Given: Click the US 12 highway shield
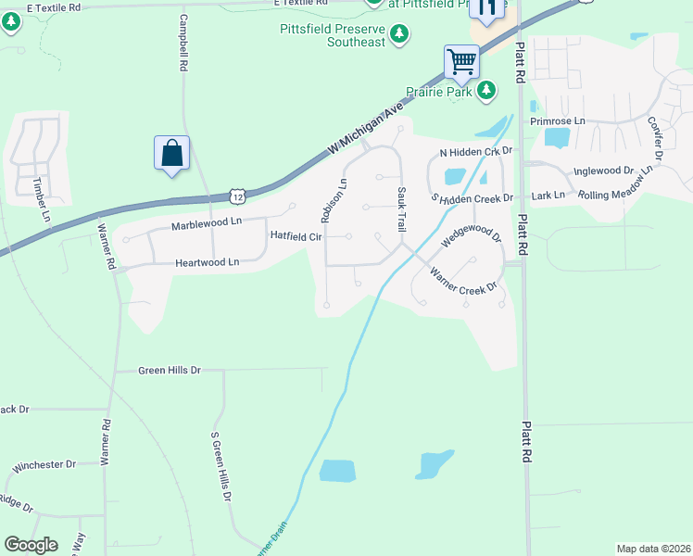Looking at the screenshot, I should pyautogui.click(x=238, y=196).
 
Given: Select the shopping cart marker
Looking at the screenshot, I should pyautogui.click(x=461, y=62).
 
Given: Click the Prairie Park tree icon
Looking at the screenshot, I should pyautogui.click(x=485, y=91).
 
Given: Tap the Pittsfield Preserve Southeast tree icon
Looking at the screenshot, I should pyautogui.click(x=399, y=35).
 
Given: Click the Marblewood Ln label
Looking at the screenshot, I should pyautogui.click(x=206, y=222).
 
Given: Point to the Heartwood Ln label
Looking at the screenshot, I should pyautogui.click(x=207, y=263).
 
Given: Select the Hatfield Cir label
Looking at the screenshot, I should pyautogui.click(x=296, y=236).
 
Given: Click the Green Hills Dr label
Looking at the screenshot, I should pyautogui.click(x=170, y=371).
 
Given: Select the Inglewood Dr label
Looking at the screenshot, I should pyautogui.click(x=603, y=171).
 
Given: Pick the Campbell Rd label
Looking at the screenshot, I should pyautogui.click(x=183, y=44).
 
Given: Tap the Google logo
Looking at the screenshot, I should pyautogui.click(x=31, y=545).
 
